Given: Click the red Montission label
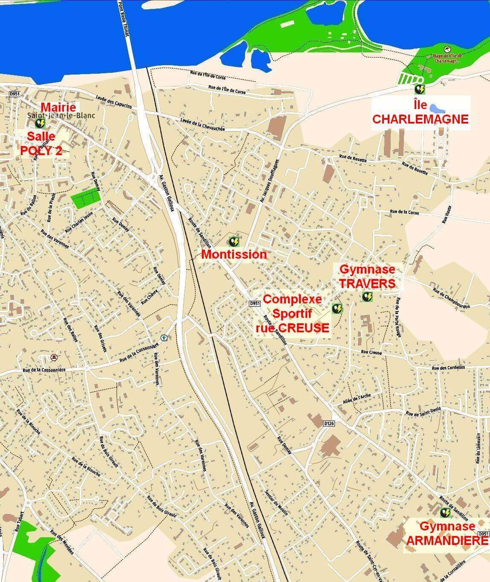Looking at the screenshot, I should click(234, 254).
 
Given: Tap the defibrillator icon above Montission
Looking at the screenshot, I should click(234, 242).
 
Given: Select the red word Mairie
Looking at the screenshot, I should click(58, 107).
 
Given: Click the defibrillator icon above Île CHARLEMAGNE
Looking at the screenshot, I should click(420, 89).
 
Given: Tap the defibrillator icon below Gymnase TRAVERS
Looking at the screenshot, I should click(367, 297).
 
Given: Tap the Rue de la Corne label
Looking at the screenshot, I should click(404, 212).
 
